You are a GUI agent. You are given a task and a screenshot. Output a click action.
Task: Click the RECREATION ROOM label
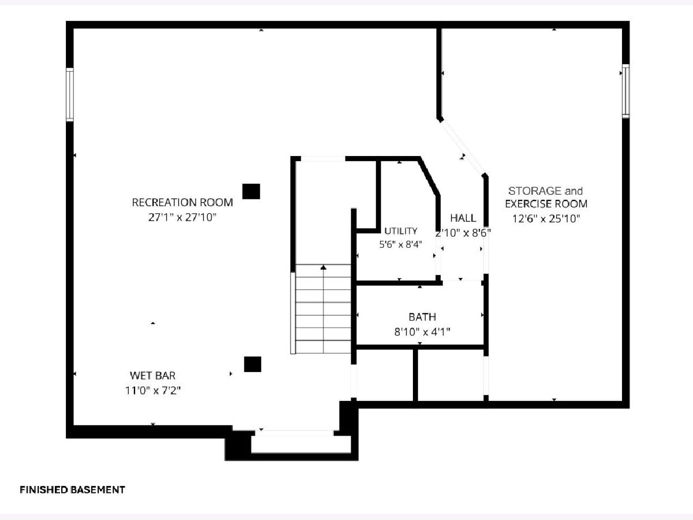(182, 202)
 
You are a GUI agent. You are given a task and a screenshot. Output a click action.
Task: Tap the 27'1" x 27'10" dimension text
(182, 218)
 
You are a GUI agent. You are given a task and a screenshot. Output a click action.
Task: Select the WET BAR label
(152, 376)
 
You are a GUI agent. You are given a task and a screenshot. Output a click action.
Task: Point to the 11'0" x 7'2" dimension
(153, 391)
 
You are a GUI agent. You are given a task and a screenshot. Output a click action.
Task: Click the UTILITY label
(401, 231)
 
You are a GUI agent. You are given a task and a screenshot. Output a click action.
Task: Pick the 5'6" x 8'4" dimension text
(400, 244)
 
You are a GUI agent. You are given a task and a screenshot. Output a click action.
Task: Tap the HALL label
(463, 218)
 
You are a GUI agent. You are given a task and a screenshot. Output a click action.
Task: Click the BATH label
(422, 317)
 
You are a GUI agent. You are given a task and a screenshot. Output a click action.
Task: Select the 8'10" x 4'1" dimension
(422, 332)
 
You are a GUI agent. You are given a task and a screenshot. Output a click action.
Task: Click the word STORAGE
(535, 191)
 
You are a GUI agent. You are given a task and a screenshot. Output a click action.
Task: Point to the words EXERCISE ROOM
(546, 204)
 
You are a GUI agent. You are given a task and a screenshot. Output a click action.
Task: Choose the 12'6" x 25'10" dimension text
(546, 218)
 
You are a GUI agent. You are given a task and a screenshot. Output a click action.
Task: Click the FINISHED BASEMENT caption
(72, 490)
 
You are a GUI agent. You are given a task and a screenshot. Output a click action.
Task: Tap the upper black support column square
(251, 191)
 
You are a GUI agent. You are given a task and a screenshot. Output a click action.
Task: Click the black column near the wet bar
(252, 365)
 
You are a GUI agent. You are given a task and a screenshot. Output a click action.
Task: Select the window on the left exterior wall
(70, 94)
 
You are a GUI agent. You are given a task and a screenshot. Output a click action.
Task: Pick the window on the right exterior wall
(626, 91)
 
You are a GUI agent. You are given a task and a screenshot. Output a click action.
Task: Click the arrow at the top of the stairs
(323, 268)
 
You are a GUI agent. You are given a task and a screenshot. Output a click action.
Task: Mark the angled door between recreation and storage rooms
(463, 147)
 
